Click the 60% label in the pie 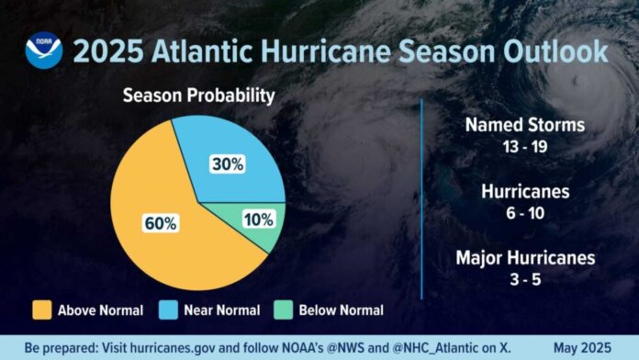[x=160, y=222]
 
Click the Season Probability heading [x=199, y=94]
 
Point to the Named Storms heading [x=523, y=125]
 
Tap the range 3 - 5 [x=523, y=278]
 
